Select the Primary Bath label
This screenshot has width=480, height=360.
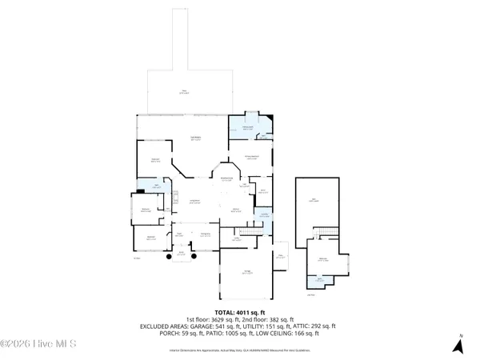249,128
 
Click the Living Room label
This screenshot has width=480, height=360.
194,202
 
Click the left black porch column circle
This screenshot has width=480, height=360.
169,258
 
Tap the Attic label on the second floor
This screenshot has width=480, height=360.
314,201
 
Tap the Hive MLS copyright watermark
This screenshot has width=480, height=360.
38,345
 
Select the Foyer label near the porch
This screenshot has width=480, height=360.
180,235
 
